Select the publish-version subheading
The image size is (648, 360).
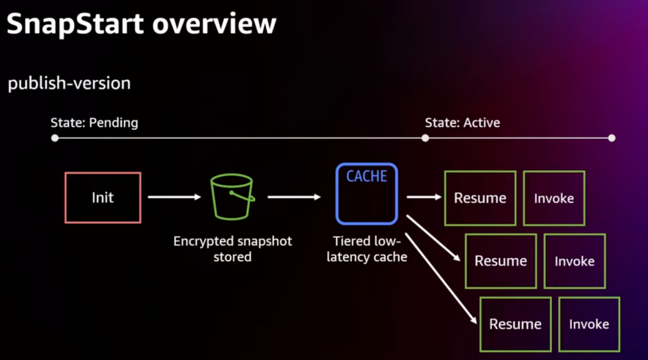tap(69, 84)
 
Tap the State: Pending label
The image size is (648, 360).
tap(94, 122)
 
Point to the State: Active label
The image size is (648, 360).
tap(462, 122)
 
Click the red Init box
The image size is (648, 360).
tap(103, 197)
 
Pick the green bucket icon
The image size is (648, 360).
tap(232, 196)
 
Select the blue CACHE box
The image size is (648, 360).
tap(367, 194)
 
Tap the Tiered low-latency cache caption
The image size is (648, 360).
tap(367, 249)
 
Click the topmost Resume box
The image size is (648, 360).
tap(480, 198)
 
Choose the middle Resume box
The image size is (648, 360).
tap(501, 261)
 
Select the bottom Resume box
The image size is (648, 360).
tap(515, 324)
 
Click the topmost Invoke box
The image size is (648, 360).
tap(553, 198)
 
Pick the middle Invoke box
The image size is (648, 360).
tap(574, 261)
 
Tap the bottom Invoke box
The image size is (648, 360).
tap(589, 324)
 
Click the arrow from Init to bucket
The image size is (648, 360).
tap(174, 196)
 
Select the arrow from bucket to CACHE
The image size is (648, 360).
tap(294, 196)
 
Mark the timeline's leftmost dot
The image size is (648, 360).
tap(55, 138)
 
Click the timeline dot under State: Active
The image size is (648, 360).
tap(425, 138)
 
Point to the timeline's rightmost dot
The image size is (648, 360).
tap(611, 138)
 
